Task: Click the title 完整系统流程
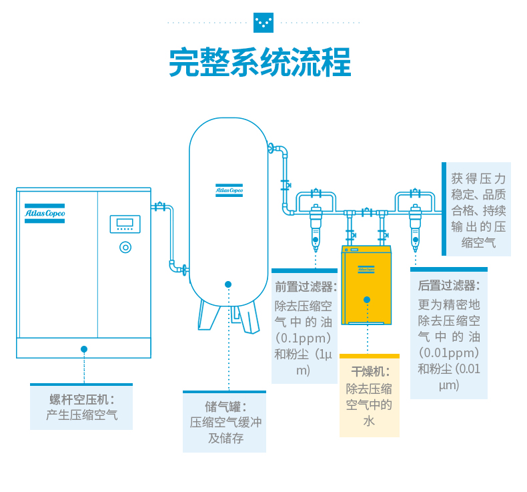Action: point(260,63)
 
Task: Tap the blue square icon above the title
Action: point(263,23)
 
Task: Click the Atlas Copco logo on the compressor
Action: point(45,213)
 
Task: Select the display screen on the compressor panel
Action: point(125,224)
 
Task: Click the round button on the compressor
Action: point(125,247)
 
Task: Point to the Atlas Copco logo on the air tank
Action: point(229,190)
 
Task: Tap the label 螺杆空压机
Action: point(82,399)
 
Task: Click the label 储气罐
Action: point(225,407)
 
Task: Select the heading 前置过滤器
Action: point(306,287)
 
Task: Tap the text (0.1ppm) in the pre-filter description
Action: point(304,337)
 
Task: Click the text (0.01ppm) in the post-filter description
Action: point(448,352)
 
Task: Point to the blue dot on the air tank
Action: point(228,284)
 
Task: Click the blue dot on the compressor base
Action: point(84,348)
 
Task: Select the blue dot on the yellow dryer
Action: point(367,300)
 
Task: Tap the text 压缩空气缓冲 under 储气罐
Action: point(225,423)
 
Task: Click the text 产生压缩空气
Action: point(82,415)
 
